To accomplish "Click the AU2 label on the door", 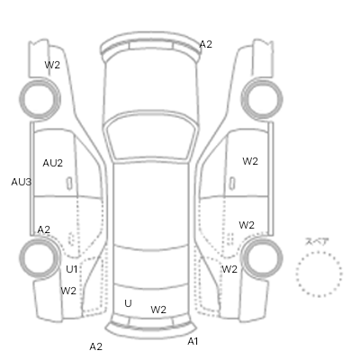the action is point(53,163).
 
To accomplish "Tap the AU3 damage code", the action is point(22,182).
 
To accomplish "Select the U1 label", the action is point(72,269).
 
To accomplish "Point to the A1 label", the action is point(193,341).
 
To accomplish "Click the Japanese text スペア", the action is point(317,242).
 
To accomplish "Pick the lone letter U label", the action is point(128,303).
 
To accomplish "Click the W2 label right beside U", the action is point(158,310).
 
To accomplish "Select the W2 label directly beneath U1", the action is point(68,291).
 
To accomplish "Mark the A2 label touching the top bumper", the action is point(206,44).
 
